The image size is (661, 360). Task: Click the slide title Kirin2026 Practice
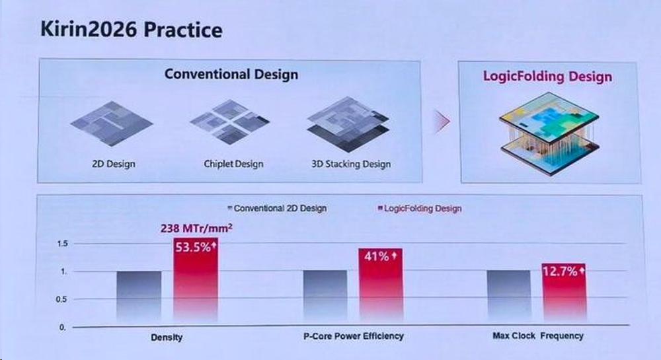pos(131,30)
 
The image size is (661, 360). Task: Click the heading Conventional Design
pos(231,74)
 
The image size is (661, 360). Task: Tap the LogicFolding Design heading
pos(547,76)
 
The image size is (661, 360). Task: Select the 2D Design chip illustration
pos(112,124)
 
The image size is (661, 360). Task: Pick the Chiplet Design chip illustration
pos(230,122)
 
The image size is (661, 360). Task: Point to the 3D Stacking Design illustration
pos(348,124)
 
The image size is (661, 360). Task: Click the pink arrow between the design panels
pos(442,122)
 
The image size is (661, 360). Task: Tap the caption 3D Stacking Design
pos(351,164)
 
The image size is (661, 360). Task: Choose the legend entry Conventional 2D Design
pos(277,208)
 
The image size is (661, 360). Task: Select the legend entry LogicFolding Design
pos(420,208)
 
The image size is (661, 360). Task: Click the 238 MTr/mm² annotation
pos(196,228)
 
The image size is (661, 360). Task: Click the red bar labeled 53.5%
pos(196,280)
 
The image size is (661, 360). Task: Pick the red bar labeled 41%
pos(381,285)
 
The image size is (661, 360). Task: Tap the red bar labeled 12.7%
pos(564,293)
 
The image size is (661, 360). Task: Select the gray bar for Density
pos(139,297)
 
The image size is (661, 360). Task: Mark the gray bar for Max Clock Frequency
pos(509,296)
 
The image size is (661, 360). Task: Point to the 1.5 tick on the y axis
pos(62,243)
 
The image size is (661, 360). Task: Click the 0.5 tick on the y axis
pos(61,299)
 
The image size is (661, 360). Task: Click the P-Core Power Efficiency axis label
pos(353,336)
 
